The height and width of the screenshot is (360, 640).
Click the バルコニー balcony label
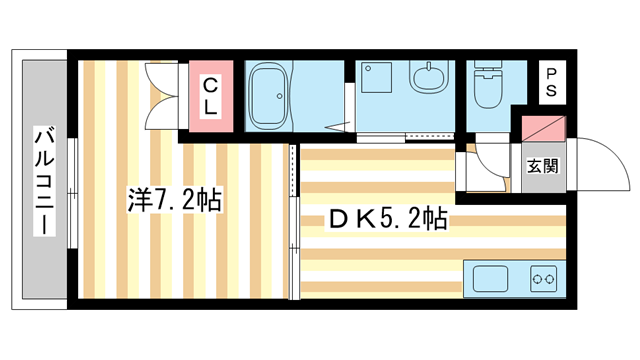click(x=42, y=180)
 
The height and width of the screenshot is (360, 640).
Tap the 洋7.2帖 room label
click(x=173, y=200)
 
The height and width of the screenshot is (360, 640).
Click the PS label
click(x=551, y=82)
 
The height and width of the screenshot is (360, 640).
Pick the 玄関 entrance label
click(x=541, y=165)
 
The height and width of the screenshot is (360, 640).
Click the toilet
click(x=490, y=90)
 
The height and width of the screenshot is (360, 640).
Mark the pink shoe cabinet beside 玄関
click(x=541, y=130)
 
